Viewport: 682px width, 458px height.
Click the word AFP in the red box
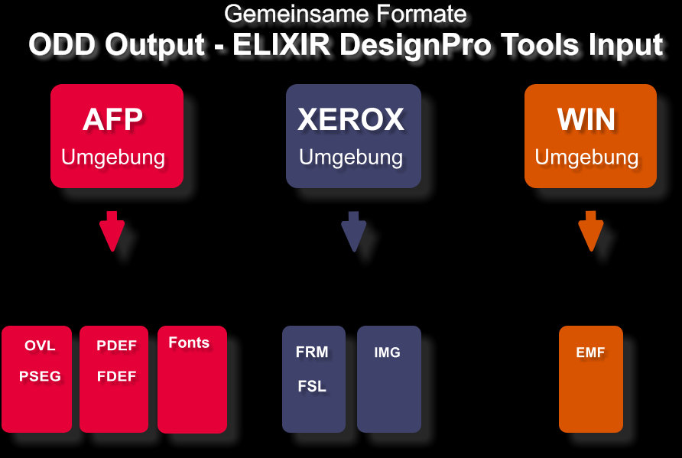112,119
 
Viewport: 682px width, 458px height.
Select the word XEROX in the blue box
351,119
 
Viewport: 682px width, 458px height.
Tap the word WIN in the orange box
586,119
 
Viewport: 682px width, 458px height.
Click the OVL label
40,346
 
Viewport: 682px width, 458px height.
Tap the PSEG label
40,376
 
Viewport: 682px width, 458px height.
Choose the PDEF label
116,346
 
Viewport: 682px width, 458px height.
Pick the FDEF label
116,376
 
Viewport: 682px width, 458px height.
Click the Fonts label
189,343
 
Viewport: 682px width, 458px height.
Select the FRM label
312,352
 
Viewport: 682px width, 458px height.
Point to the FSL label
312,386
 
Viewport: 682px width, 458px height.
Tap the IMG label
387,352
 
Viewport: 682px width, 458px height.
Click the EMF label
590,352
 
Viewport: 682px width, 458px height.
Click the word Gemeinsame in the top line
297,14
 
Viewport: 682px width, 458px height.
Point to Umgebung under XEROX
351,158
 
